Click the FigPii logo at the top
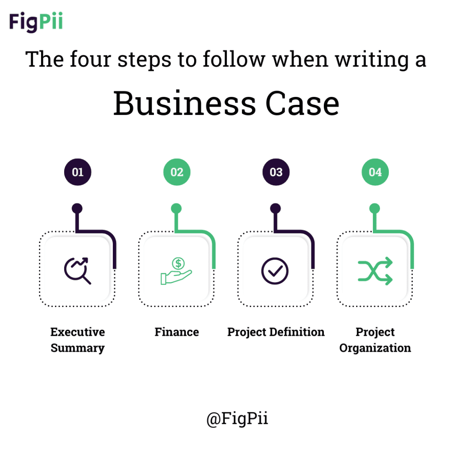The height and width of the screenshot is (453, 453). tap(36, 22)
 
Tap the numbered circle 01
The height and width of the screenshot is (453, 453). tap(77, 172)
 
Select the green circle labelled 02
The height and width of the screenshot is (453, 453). tap(177, 172)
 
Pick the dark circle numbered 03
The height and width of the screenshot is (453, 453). tap(276, 172)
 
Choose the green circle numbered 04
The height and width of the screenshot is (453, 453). tap(375, 172)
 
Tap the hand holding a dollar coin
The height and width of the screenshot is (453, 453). tap(176, 271)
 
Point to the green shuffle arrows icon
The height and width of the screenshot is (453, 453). tap(375, 271)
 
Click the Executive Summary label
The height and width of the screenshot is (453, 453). tap(77, 340)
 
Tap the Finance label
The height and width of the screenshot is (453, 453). tap(177, 332)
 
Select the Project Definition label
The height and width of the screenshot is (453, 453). tap(276, 332)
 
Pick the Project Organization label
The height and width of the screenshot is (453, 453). tap(375, 340)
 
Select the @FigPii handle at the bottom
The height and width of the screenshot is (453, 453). tap(237, 418)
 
